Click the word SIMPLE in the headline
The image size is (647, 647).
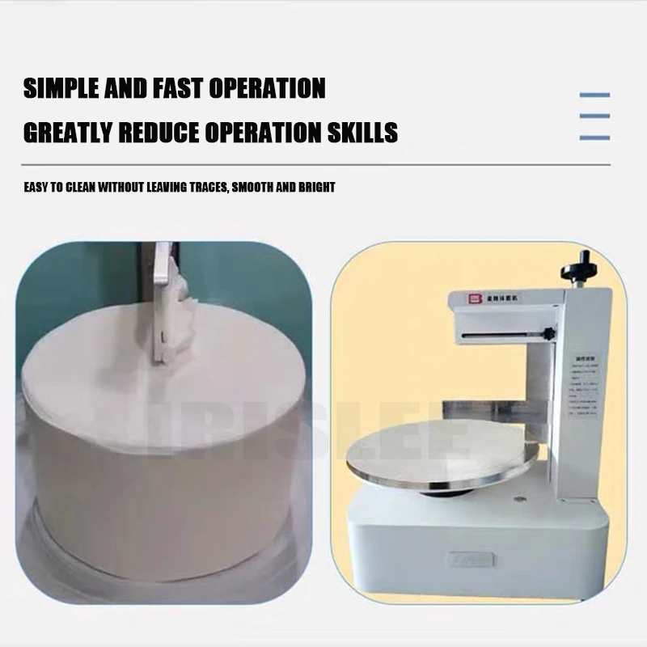tap(61, 88)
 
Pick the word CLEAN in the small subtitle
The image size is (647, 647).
tap(77, 188)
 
